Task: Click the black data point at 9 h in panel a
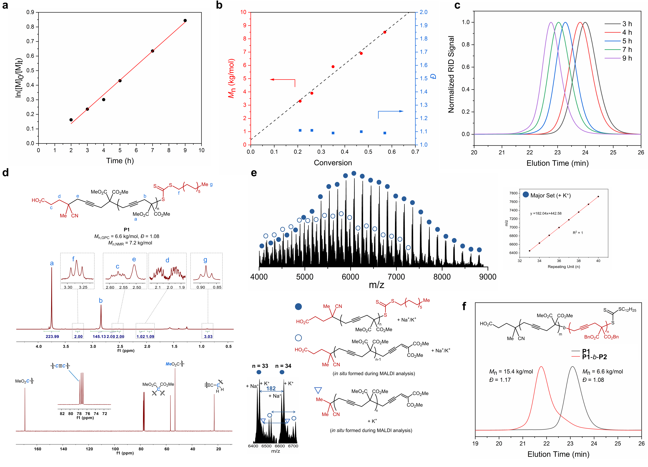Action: (185, 21)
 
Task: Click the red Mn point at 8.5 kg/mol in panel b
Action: (385, 32)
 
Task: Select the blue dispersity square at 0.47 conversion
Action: (361, 132)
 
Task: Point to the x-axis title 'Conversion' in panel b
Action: (333, 163)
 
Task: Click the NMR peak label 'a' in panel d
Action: (52, 263)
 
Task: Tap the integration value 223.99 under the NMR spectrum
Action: (52, 337)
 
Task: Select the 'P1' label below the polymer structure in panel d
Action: (127, 229)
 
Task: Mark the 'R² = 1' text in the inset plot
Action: (578, 233)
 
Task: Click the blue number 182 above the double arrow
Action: (271, 388)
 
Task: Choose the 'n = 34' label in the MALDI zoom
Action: (283, 366)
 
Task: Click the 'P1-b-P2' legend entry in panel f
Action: (594, 357)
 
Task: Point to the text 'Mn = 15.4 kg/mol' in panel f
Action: (511, 372)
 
